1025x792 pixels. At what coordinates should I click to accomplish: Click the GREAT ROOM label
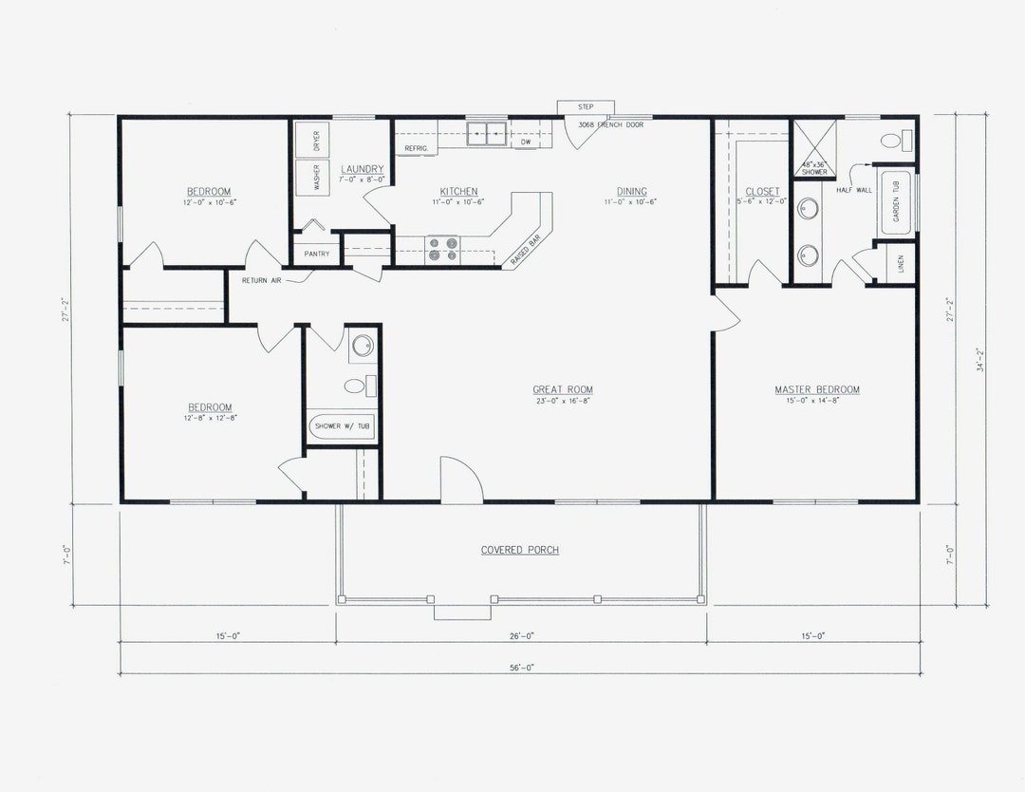coord(563,389)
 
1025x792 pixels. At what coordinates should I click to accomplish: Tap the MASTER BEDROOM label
coord(816,389)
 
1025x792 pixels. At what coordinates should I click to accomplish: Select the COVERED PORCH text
coord(519,550)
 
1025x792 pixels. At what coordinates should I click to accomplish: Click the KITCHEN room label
coord(458,191)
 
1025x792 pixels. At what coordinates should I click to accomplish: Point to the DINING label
coord(631,191)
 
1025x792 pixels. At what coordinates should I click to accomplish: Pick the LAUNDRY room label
coord(362,169)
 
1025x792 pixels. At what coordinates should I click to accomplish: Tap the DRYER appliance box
coord(314,140)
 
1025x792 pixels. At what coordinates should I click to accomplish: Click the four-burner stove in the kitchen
coord(442,249)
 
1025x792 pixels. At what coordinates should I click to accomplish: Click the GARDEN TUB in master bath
coord(896,202)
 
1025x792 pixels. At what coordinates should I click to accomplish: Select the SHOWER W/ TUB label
coord(343,426)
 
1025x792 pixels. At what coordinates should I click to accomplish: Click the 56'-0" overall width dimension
coord(520,668)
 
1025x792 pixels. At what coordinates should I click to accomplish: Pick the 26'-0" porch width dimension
coord(520,636)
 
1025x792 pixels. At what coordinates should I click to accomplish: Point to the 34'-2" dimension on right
coord(978,361)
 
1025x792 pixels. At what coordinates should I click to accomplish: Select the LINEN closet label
coord(900,264)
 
